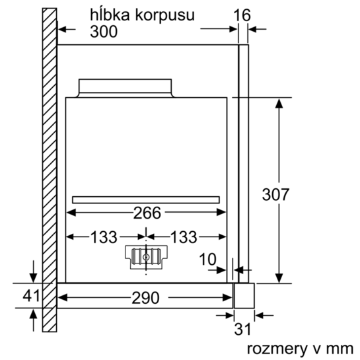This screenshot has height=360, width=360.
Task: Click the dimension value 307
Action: [275, 195]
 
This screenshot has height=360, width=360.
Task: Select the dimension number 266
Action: [147, 213]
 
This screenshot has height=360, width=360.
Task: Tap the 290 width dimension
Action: [145, 298]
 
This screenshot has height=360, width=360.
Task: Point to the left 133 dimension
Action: [104, 237]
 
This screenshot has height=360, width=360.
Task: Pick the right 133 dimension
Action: [184, 237]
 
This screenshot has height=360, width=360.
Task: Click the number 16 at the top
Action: [242, 15]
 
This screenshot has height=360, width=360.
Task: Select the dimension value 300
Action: [104, 32]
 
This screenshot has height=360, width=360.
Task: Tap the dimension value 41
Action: [31, 295]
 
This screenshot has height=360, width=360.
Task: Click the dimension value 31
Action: [242, 329]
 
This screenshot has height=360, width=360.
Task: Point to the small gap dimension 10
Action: [207, 259]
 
